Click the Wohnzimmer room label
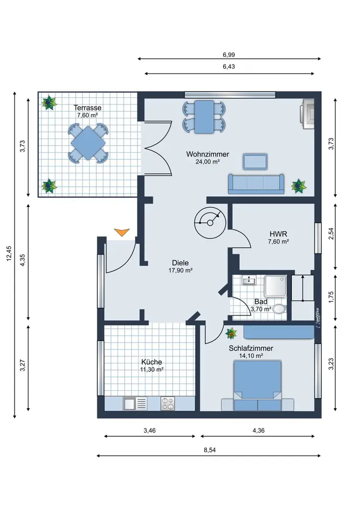click(x=207, y=154)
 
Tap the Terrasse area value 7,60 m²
click(x=87, y=116)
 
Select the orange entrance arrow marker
click(x=121, y=233)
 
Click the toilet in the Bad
click(x=279, y=308)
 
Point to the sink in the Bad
click(x=251, y=280)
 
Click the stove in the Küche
click(x=168, y=404)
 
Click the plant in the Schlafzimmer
click(x=232, y=334)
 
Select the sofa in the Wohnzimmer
click(x=256, y=184)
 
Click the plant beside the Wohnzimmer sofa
click(x=299, y=186)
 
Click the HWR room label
click(x=279, y=234)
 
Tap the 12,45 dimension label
click(x=9, y=254)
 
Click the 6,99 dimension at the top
click(x=229, y=54)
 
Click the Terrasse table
click(x=88, y=144)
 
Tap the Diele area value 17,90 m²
click(x=180, y=271)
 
